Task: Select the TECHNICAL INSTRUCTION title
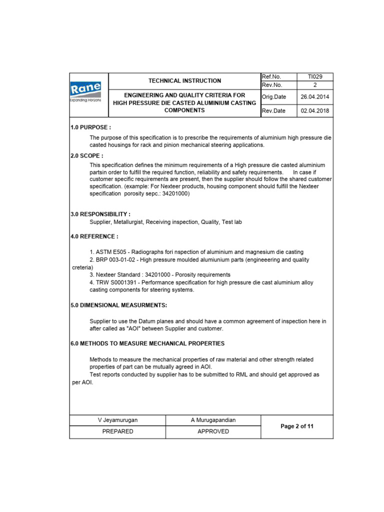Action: click(184, 80)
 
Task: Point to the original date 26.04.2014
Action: click(315, 97)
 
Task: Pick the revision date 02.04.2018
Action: click(315, 110)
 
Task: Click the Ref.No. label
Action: click(271, 76)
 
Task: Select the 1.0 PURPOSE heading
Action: click(90, 127)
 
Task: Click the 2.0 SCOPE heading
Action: click(87, 156)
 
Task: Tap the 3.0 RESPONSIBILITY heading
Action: click(100, 214)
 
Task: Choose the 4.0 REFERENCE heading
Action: click(94, 236)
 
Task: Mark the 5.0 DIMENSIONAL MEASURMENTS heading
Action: click(118, 305)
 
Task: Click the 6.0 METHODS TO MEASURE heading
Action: click(147, 343)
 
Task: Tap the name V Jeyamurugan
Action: click(117, 420)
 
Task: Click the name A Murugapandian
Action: click(213, 420)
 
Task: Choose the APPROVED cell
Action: click(213, 431)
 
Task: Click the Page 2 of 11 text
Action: click(297, 426)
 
